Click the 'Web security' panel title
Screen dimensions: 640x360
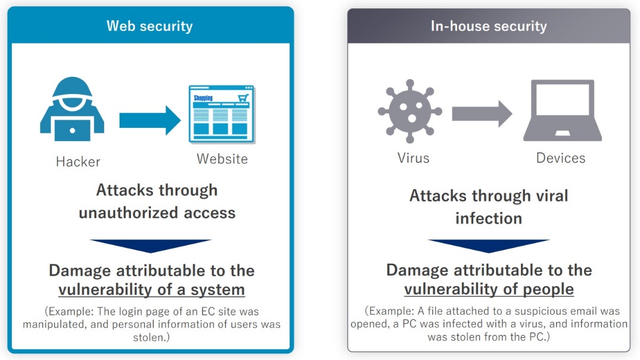pyautogui.click(x=149, y=26)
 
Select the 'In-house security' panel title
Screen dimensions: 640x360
pyautogui.click(x=489, y=26)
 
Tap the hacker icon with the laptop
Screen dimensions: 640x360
pyautogui.click(x=72, y=109)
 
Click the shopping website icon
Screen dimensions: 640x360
pyautogui.click(x=221, y=114)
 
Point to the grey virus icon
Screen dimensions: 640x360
pyautogui.click(x=410, y=111)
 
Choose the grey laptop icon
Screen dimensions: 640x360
pyautogui.click(x=563, y=111)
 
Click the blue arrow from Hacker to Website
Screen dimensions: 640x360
pyautogui.click(x=150, y=120)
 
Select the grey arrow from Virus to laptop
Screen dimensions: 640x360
pyautogui.click(x=482, y=114)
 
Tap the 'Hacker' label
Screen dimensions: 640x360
pyautogui.click(x=78, y=162)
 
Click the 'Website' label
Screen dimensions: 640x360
pyautogui.click(x=222, y=159)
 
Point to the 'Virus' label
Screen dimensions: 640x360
pyautogui.click(x=413, y=158)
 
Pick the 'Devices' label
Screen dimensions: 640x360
pyautogui.click(x=561, y=158)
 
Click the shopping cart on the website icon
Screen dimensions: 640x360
pyautogui.click(x=243, y=98)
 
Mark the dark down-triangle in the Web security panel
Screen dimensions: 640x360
pyautogui.click(x=151, y=246)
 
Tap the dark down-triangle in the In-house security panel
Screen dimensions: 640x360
pyautogui.click(x=489, y=246)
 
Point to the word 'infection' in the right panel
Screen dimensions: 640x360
pyautogui.click(x=489, y=218)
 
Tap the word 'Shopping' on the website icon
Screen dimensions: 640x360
pyautogui.click(x=203, y=98)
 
